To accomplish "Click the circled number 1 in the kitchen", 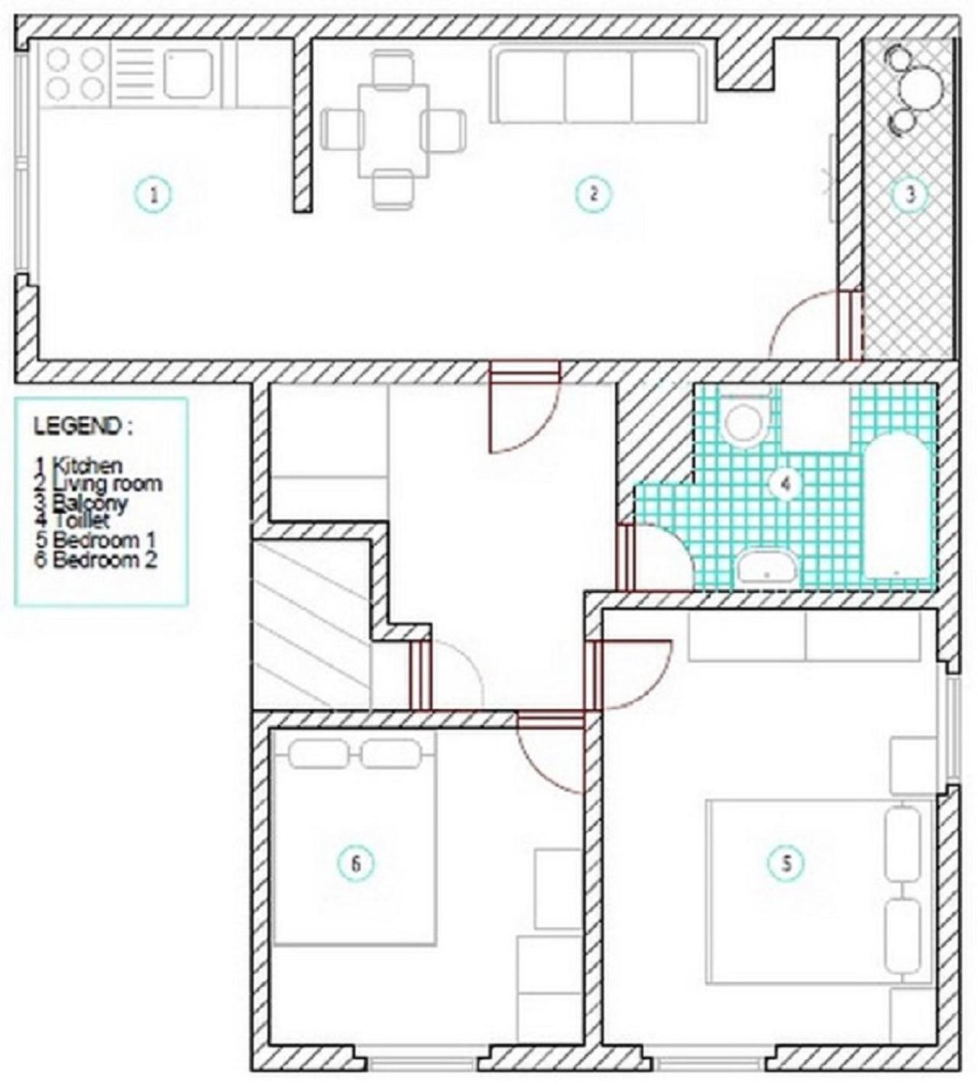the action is [x=154, y=195].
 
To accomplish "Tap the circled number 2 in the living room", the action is [x=594, y=193].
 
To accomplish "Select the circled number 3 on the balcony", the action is [x=910, y=194].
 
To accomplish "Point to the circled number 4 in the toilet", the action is [x=785, y=484].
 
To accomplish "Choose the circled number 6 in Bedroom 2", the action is [x=356, y=864].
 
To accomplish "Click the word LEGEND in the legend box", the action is [x=77, y=426].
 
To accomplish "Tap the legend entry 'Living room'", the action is [x=107, y=484].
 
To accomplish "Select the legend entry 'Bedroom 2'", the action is [x=105, y=560].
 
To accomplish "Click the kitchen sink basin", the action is [x=187, y=74].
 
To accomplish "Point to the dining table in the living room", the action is [x=393, y=131].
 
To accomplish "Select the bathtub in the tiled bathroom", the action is [x=895, y=507].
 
